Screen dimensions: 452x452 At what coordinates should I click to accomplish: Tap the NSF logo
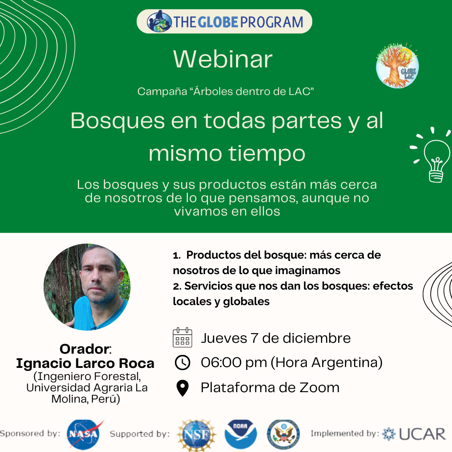click(x=197, y=435)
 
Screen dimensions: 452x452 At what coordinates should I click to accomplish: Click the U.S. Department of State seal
click(x=283, y=434)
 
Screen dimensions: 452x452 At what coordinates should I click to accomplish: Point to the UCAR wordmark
click(x=422, y=434)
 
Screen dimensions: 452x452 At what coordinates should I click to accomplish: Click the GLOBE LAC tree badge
click(x=397, y=66)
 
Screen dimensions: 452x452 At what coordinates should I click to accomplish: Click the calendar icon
click(x=182, y=337)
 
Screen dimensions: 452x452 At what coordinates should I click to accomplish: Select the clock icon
click(x=182, y=362)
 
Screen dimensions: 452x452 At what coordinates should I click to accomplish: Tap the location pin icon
click(x=182, y=388)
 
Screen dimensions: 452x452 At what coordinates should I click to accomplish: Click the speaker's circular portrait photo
click(x=87, y=287)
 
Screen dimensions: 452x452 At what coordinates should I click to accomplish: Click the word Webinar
click(x=223, y=59)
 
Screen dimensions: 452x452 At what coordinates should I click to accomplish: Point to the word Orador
click(x=84, y=349)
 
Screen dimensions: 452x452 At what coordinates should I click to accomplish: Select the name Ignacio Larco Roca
click(x=85, y=363)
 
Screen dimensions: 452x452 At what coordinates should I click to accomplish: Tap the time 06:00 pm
click(x=234, y=362)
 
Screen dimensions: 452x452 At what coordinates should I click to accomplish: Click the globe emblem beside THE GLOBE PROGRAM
click(x=159, y=21)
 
